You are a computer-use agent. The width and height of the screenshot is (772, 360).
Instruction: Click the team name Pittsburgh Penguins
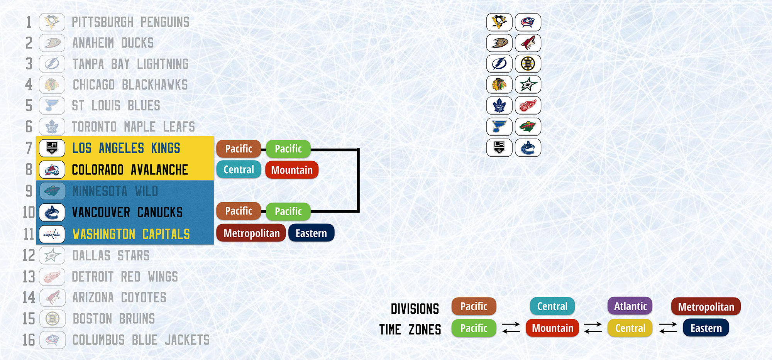click(x=130, y=22)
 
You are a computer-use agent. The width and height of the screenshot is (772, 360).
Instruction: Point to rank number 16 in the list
click(x=29, y=340)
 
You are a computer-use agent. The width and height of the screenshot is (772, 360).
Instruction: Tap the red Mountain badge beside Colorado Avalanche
click(x=292, y=170)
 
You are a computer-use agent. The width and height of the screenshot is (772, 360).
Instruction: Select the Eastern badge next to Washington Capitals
click(x=311, y=233)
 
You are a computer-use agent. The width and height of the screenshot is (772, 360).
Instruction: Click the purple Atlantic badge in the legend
click(x=630, y=306)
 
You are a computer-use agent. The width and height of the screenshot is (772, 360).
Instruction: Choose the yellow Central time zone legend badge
click(x=630, y=328)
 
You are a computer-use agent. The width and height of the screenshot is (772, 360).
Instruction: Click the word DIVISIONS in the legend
click(x=415, y=309)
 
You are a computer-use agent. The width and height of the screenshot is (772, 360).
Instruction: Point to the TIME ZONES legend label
click(x=410, y=330)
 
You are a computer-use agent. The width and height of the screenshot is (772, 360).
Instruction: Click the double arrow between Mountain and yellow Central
click(x=593, y=328)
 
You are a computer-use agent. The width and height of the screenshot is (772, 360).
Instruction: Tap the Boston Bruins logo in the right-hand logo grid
click(x=528, y=64)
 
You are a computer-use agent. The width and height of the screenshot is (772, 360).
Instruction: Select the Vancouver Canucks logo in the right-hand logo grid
click(x=528, y=147)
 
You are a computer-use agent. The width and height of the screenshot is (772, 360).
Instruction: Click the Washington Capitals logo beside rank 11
click(x=52, y=234)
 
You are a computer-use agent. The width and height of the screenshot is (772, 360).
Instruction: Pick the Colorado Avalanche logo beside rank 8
click(x=52, y=170)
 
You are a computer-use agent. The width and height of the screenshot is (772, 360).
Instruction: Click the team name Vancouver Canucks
click(x=127, y=212)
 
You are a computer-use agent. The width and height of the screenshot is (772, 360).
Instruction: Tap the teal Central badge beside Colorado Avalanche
click(x=239, y=169)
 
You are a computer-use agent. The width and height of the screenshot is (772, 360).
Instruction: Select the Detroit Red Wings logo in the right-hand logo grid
click(x=528, y=105)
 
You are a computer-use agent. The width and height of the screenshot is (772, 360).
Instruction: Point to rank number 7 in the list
click(x=29, y=148)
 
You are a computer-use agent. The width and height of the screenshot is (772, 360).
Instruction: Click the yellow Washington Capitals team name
click(x=131, y=234)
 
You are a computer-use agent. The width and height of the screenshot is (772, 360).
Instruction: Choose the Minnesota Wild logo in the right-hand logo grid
click(x=528, y=127)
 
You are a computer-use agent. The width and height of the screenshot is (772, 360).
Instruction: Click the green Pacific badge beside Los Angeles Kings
click(x=288, y=149)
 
